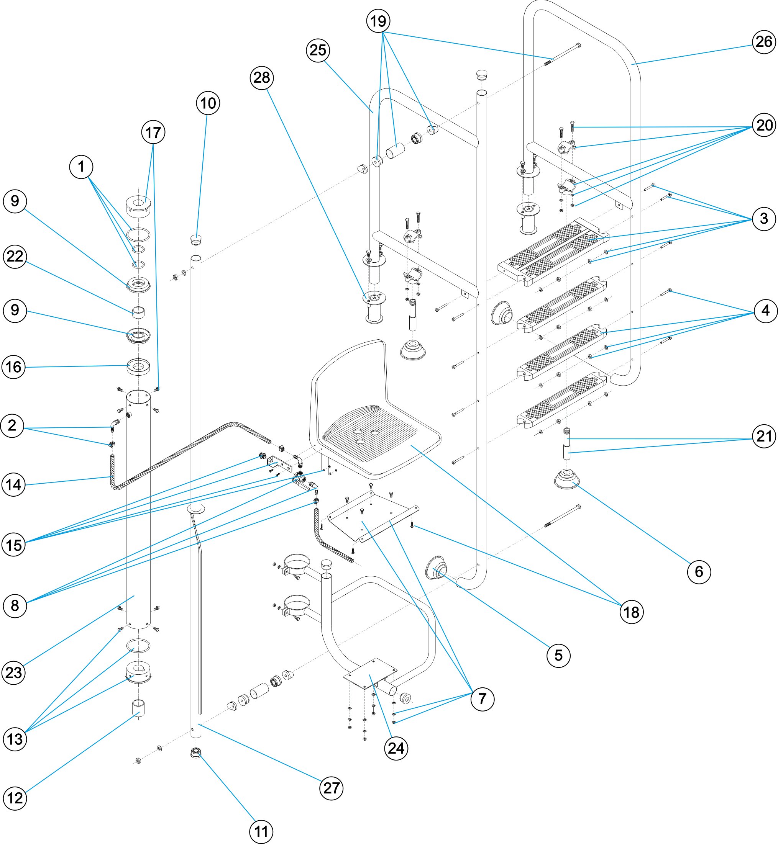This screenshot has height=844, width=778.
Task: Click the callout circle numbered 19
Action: click(378, 21)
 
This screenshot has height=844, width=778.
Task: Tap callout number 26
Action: click(764, 42)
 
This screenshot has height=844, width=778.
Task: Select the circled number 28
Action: click(262, 78)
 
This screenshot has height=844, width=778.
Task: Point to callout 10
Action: click(208, 103)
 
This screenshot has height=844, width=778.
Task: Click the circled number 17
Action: click(153, 132)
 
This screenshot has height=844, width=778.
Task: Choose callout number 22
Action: click(15, 257)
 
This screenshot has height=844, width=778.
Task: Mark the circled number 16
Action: click(13, 367)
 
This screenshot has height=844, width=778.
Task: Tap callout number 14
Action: click(13, 485)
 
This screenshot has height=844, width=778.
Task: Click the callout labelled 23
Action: click(13, 673)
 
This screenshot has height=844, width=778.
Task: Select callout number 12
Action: click(15, 798)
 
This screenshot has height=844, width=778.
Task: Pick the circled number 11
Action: click(261, 831)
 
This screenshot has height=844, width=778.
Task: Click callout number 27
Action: click(332, 788)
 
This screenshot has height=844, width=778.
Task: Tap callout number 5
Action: click(558, 656)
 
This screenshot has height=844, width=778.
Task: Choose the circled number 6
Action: click(699, 572)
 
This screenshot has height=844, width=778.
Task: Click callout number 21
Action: click(764, 436)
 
